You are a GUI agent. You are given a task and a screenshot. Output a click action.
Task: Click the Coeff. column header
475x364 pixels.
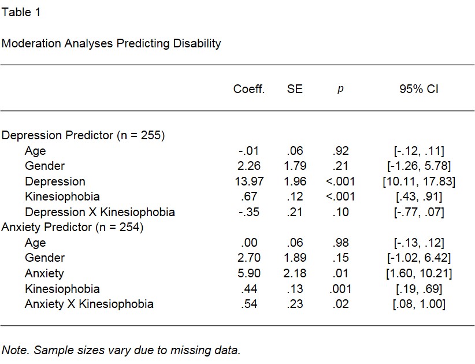[249, 89]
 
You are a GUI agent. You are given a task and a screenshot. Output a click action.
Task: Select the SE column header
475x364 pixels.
[295, 89]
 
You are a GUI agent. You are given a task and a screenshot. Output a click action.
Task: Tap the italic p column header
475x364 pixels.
[340, 90]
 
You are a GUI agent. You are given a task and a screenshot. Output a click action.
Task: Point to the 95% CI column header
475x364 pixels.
[419, 89]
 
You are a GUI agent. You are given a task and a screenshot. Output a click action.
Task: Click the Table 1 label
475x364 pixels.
[21, 13]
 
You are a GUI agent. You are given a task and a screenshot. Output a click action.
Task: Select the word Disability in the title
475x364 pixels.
[197, 43]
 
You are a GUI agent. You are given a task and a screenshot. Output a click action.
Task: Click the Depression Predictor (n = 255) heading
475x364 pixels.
[83, 135]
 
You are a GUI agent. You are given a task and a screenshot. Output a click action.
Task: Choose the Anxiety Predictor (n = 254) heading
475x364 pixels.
[72, 227]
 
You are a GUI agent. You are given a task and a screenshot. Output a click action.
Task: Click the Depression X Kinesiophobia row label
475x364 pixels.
[99, 212]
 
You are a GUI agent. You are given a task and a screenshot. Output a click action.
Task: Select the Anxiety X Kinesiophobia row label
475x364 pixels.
[89, 304]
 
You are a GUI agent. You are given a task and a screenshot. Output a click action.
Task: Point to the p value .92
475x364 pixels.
[340, 151]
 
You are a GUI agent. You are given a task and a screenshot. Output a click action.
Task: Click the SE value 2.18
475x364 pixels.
[295, 273]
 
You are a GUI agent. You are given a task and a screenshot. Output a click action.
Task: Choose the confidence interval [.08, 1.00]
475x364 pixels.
[419, 304]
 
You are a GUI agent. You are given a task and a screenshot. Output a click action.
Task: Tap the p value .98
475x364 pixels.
[340, 243]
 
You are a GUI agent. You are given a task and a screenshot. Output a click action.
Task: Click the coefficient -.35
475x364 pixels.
[248, 212]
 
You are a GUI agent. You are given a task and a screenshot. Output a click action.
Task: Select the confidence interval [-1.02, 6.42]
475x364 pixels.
[419, 258]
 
